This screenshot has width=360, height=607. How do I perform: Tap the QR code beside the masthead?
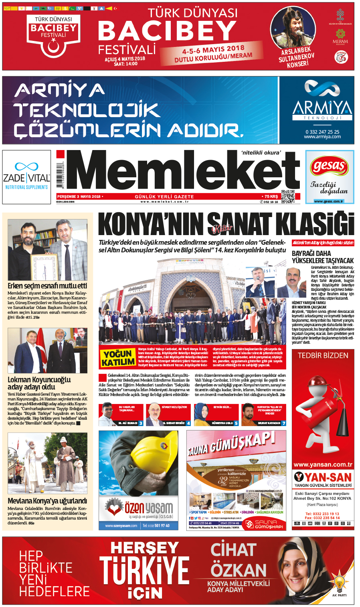pos(287,196)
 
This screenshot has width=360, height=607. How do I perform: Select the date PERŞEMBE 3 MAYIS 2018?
pos(79,197)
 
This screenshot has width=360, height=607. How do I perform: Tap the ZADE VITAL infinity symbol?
pos(26,166)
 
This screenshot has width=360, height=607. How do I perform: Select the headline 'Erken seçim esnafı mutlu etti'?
pos(47,286)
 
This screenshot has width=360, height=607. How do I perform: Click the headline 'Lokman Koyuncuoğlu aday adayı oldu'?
pos(39,383)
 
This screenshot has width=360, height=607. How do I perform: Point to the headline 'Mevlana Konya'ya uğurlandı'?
pos(47,501)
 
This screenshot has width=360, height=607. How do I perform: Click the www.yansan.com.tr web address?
pos(323,465)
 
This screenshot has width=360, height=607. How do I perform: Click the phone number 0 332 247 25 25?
pos(322,132)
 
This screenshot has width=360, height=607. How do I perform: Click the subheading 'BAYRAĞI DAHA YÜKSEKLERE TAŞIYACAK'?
pos(323,257)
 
